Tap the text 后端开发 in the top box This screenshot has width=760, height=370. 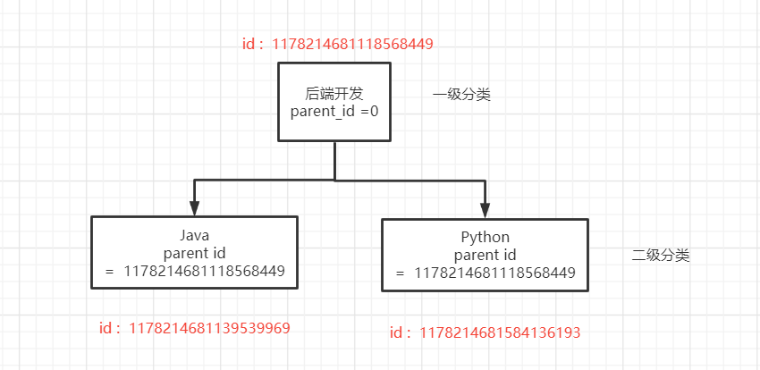334,93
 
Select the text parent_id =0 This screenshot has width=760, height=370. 334,111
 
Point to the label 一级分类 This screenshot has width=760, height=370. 461,95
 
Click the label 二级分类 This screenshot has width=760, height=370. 661,255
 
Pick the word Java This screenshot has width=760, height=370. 194,235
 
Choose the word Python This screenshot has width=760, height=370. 485,237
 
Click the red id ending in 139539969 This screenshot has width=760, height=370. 210,328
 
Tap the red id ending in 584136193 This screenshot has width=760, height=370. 501,332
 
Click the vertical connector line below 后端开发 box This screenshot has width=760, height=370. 334,161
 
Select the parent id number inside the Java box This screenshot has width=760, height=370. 204,271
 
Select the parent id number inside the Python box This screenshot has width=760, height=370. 494,273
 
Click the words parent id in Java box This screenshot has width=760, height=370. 194,253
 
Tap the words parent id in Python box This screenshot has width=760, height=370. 485,255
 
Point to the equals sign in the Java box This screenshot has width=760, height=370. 109,271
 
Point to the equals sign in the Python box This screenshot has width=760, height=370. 400,273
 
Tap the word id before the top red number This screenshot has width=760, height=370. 249,44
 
